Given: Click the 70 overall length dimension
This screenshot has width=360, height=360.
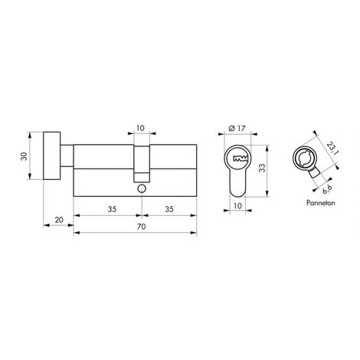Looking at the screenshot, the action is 141,227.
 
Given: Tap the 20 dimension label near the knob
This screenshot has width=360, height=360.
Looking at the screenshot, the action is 59,220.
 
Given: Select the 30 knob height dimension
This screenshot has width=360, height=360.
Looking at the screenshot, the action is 24,156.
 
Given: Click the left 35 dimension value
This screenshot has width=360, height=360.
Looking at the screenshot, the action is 112,209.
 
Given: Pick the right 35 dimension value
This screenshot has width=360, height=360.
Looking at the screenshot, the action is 169,209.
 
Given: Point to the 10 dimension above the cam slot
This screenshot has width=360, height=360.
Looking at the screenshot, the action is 140,128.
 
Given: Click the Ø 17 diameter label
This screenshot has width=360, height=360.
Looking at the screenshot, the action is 237,128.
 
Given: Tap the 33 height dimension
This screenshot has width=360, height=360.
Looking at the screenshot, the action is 263,168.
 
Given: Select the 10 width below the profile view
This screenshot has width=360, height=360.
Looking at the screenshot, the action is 237,205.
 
